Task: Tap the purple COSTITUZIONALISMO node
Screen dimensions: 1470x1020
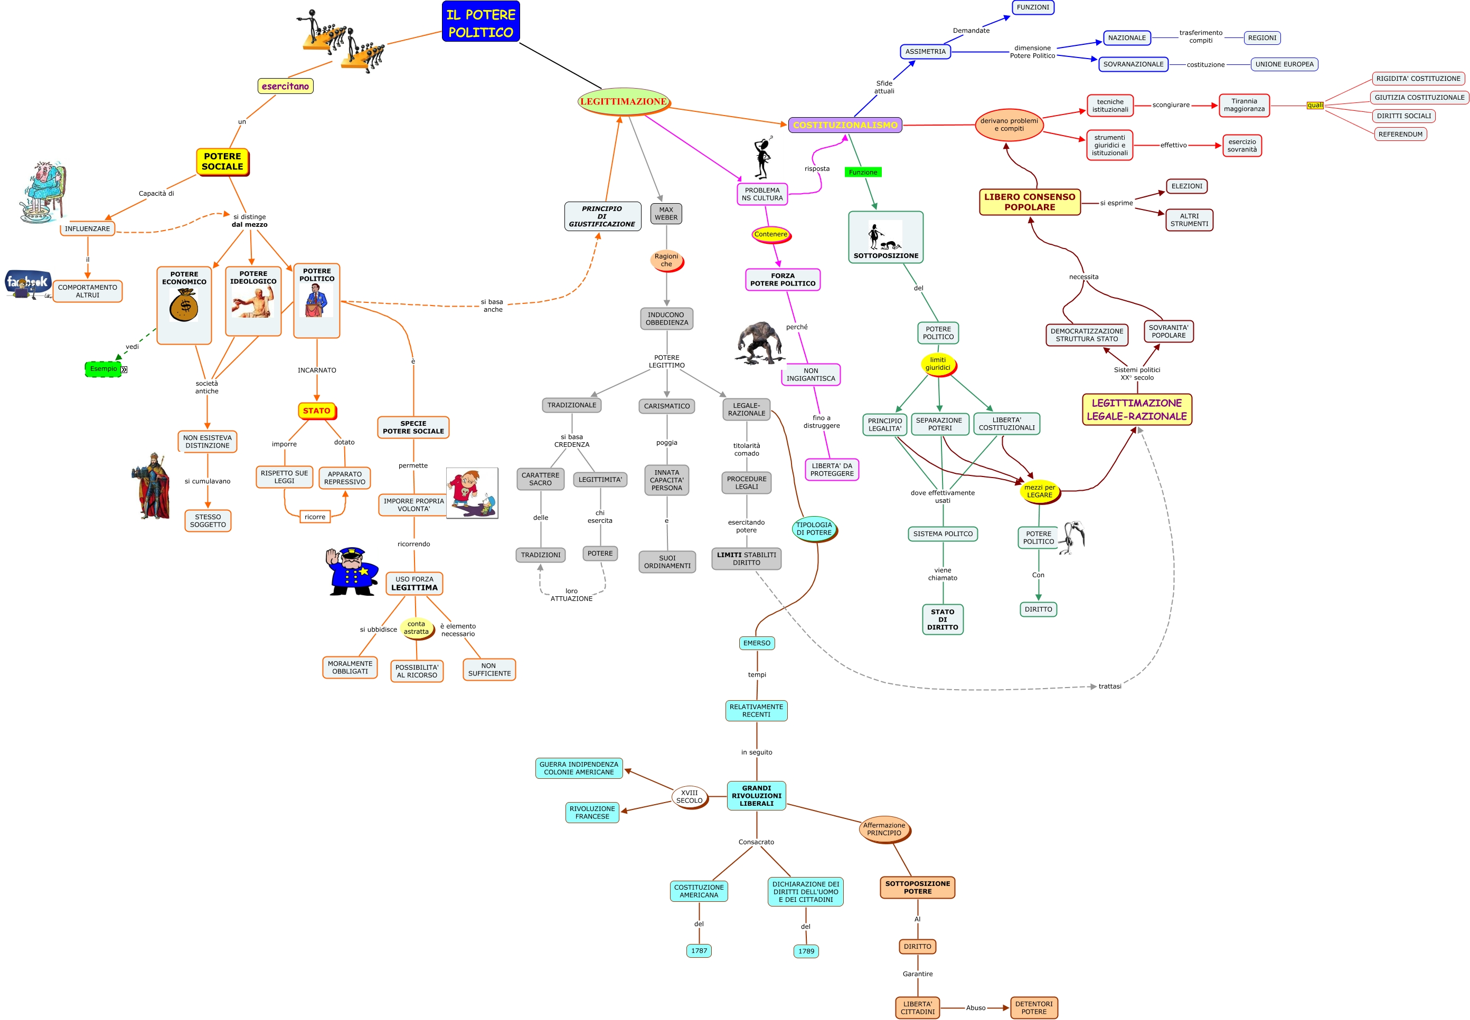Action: point(845,125)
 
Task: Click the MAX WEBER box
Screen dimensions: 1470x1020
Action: point(666,214)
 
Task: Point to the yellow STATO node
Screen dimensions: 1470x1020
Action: point(316,411)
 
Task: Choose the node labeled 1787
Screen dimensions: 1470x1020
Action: point(699,950)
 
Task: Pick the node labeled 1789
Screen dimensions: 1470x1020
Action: point(806,951)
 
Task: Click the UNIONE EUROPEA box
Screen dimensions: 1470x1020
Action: point(1284,64)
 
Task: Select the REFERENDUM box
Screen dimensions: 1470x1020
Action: point(1400,134)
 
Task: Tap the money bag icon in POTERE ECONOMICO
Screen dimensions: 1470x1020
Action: point(184,305)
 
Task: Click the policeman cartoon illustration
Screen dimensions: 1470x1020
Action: point(352,571)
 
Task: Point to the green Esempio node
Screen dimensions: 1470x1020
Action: point(103,369)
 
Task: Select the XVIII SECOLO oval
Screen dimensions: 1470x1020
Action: point(689,797)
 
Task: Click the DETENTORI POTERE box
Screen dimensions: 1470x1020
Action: point(1033,1008)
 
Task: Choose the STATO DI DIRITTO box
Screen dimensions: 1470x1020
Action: point(943,619)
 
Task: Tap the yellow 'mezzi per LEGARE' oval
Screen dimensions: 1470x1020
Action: point(1039,491)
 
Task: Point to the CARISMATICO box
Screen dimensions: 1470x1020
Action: point(666,406)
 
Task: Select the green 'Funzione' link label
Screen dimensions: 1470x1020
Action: point(863,172)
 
